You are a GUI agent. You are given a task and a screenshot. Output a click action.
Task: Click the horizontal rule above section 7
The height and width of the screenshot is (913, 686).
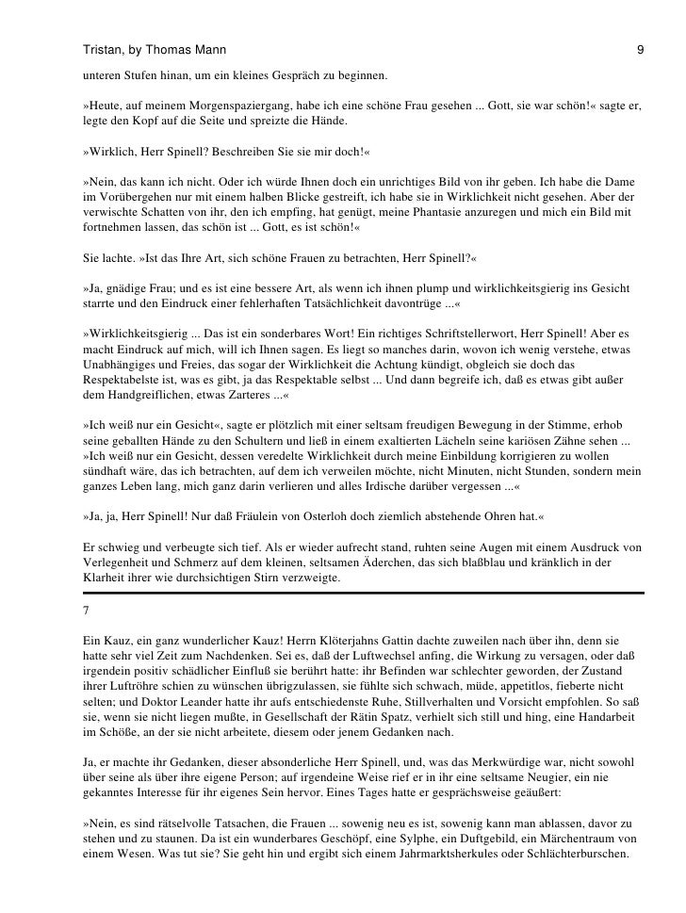363,593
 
